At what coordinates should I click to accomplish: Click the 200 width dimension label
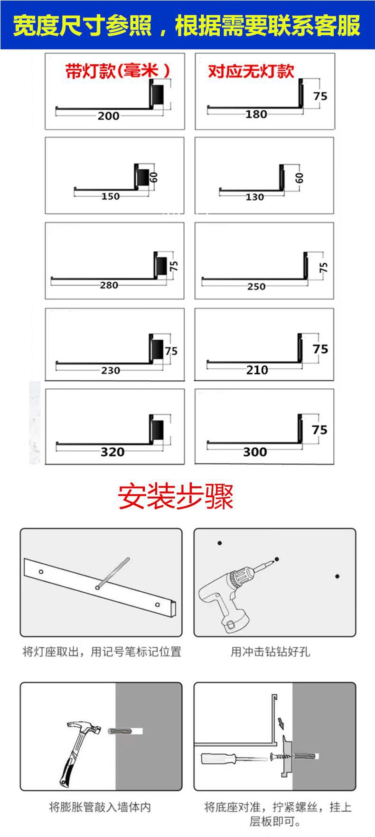coord(108,115)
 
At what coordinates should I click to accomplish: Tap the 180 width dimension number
coord(256,114)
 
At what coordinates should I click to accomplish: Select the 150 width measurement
coord(110,196)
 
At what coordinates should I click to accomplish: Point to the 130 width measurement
coord(254,197)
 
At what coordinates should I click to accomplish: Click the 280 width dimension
coord(109,285)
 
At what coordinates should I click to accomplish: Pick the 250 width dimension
coord(256,287)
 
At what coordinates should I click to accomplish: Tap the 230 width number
coord(110,370)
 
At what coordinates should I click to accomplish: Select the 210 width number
coord(257,370)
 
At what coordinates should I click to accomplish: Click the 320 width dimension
coord(112,452)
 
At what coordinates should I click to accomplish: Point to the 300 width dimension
coord(255,452)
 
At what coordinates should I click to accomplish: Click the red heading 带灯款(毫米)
coord(118,71)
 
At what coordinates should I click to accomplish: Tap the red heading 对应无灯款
coord(251,71)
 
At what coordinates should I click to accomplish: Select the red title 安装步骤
coord(176,497)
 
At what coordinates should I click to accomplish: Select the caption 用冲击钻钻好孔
coord(270,651)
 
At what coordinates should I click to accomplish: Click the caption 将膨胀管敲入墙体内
coord(100,807)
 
